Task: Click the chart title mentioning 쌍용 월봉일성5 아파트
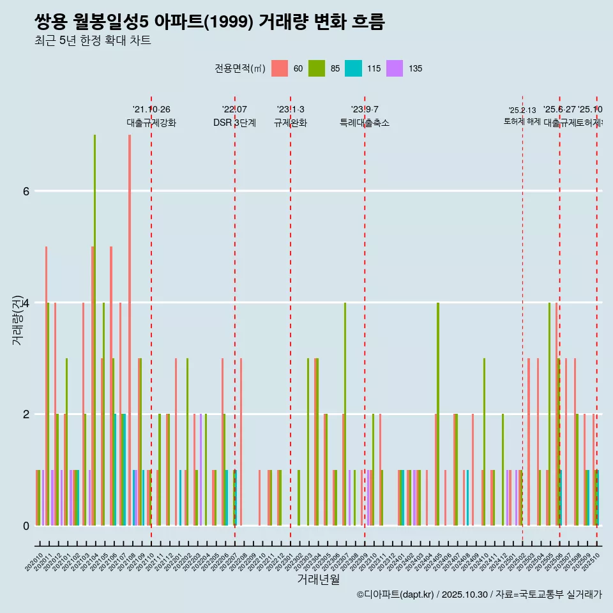pos(209,22)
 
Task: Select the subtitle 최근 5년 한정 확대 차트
pos(93,42)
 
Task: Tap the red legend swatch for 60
pos(280,68)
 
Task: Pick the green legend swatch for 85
pos(316,68)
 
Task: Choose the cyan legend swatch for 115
pos(353,68)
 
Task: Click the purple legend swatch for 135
pos(395,68)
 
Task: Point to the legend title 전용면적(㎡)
pos(239,68)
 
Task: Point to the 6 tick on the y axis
pos(26,191)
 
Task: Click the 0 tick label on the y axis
pos(26,526)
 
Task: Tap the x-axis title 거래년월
pos(318,579)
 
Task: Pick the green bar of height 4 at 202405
pos(438,414)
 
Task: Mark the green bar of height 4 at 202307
pos(345,414)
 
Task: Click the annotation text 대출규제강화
pos(151,123)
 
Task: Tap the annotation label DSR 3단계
pos(234,123)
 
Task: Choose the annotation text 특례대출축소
pos(365,123)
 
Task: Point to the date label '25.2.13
pos(522,110)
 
